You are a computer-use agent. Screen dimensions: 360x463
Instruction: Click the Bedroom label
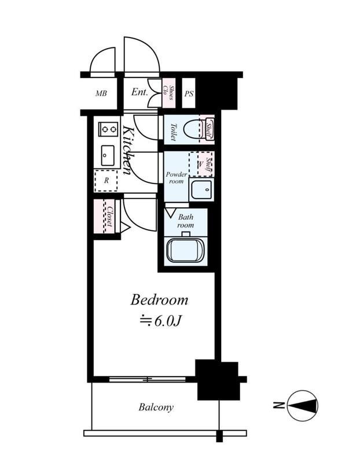click(x=159, y=300)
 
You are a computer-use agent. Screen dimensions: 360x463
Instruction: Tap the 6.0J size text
click(x=160, y=321)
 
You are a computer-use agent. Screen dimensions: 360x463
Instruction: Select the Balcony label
click(x=156, y=407)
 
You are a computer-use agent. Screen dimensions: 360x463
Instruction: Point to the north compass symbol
click(x=302, y=406)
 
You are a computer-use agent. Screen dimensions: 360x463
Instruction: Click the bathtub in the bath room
click(x=185, y=251)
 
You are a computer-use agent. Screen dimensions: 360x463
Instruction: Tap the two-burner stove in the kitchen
click(x=108, y=129)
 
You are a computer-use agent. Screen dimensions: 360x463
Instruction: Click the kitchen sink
click(x=108, y=155)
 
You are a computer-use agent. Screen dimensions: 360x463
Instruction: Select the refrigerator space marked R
click(x=106, y=181)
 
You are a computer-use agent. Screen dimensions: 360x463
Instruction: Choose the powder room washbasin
click(x=201, y=190)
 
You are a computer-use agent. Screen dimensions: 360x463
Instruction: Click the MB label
click(x=101, y=94)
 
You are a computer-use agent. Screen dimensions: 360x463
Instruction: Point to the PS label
click(x=189, y=94)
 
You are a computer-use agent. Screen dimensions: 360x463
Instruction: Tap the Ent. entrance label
click(x=139, y=92)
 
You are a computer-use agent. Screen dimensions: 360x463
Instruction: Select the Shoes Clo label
click(x=168, y=93)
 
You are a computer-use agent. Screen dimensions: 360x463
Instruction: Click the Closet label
click(x=109, y=216)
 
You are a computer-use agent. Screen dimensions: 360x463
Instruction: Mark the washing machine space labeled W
click(x=200, y=164)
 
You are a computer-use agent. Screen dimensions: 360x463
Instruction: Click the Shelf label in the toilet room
click(x=209, y=130)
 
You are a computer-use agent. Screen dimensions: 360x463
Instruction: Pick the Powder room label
click(x=177, y=178)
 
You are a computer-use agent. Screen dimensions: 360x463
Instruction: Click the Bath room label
click(x=185, y=221)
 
